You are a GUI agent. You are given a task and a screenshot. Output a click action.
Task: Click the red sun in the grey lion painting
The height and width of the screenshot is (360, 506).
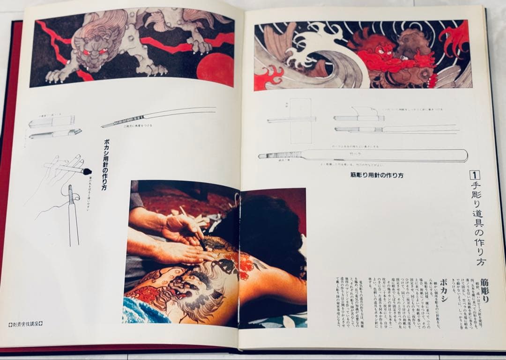point(215,70)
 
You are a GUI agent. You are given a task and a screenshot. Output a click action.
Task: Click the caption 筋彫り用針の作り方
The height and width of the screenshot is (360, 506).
point(377,175)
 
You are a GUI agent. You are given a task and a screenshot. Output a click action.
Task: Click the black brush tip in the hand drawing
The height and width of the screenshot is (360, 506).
point(87,171)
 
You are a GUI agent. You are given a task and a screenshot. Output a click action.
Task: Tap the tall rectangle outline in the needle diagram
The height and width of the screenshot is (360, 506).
point(300,120)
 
